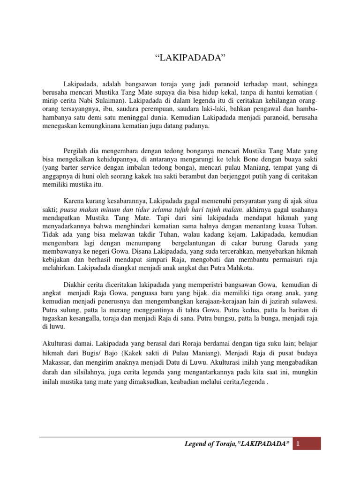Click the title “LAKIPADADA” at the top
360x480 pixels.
point(190,58)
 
